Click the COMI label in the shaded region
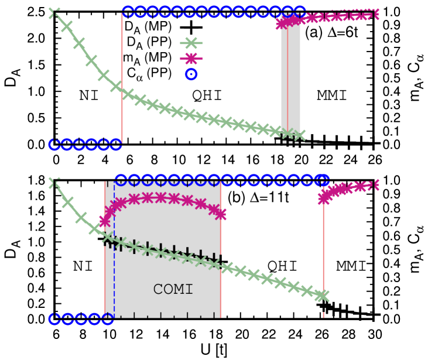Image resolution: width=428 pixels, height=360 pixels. pos(173,289)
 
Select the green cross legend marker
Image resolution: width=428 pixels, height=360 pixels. pos(191,43)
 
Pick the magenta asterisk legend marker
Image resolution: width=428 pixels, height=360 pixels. pos(191,59)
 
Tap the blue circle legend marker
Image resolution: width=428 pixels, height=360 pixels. pos(191,74)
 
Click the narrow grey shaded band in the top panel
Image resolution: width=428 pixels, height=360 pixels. pos(291,76)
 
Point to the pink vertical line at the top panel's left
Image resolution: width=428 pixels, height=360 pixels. pos(122,76)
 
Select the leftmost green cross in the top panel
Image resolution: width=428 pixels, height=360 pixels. pos(54,12)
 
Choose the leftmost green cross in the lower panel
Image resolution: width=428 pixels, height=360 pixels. pos(54,183)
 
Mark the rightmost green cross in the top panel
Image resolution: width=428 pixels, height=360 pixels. pos(300,135)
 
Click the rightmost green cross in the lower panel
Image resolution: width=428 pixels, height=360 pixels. pos(323,296)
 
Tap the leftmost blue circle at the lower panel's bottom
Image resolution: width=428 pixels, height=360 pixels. pos(54,319)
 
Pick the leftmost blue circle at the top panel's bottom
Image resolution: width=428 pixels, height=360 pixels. pos(54,145)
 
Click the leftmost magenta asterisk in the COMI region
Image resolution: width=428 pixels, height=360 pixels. pos(105,221)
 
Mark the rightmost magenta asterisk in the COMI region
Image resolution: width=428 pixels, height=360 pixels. pos(220,214)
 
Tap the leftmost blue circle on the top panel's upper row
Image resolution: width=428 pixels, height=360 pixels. pos(128,11)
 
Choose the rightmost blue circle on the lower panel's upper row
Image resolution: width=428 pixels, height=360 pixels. pos(323,180)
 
